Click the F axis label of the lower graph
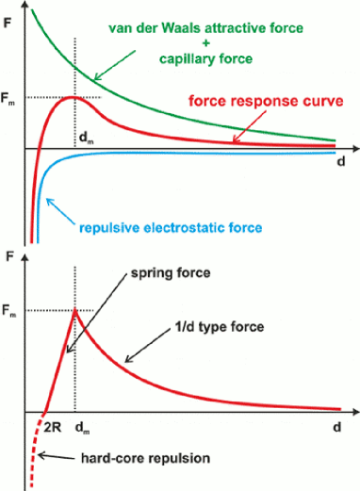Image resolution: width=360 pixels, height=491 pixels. point(10,255)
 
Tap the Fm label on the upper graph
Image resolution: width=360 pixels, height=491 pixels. point(10,96)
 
